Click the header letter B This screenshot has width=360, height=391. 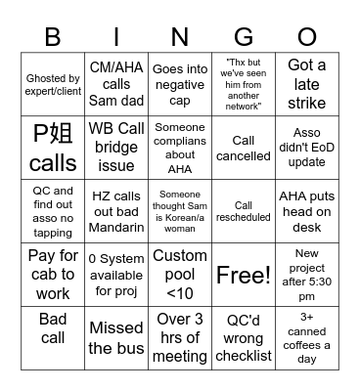point(52,36)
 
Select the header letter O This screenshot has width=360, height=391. point(307,36)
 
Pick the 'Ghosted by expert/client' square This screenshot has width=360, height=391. point(53,85)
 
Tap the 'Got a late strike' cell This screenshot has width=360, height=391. point(307,85)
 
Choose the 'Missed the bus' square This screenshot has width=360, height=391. point(116,337)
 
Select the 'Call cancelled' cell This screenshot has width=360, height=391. point(244,149)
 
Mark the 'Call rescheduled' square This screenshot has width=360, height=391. point(244,211)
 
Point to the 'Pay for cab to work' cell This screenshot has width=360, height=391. point(53,275)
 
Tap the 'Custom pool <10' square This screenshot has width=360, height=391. point(180,275)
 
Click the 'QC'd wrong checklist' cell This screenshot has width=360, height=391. point(244,337)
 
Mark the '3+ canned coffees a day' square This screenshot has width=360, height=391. point(307,337)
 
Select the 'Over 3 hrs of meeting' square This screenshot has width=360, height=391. point(180,337)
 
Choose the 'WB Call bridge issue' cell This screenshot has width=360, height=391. point(116,149)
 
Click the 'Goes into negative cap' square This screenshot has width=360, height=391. point(180,85)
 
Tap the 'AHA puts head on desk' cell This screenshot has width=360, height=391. point(307,211)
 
